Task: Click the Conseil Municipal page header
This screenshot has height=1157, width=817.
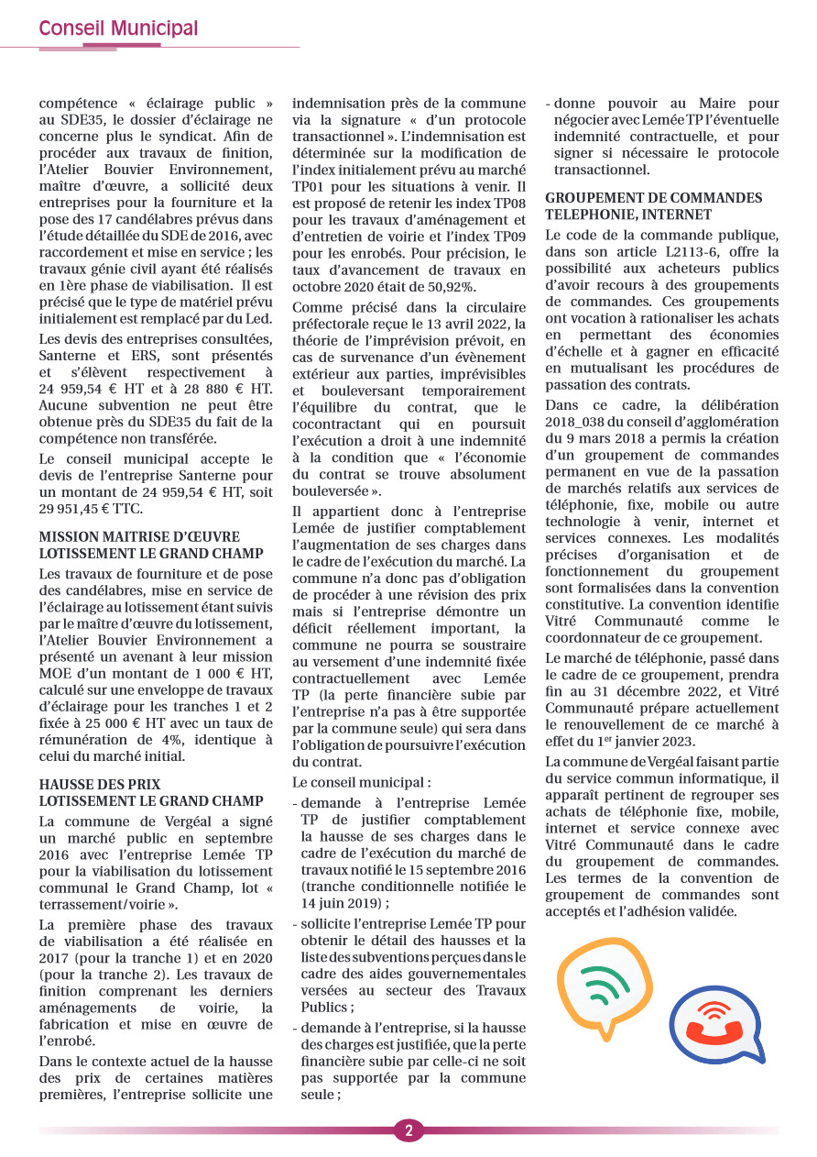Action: [x=118, y=29]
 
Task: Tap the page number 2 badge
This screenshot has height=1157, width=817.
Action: [x=408, y=1130]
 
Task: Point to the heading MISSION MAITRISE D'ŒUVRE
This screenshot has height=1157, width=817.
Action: [x=139, y=536]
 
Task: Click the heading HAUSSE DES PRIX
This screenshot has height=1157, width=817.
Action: [x=100, y=785]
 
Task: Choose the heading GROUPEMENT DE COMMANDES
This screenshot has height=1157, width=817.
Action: [x=653, y=198]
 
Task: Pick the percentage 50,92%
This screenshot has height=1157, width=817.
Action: [x=497, y=287]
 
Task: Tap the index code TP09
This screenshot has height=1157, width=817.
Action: [x=506, y=237]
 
